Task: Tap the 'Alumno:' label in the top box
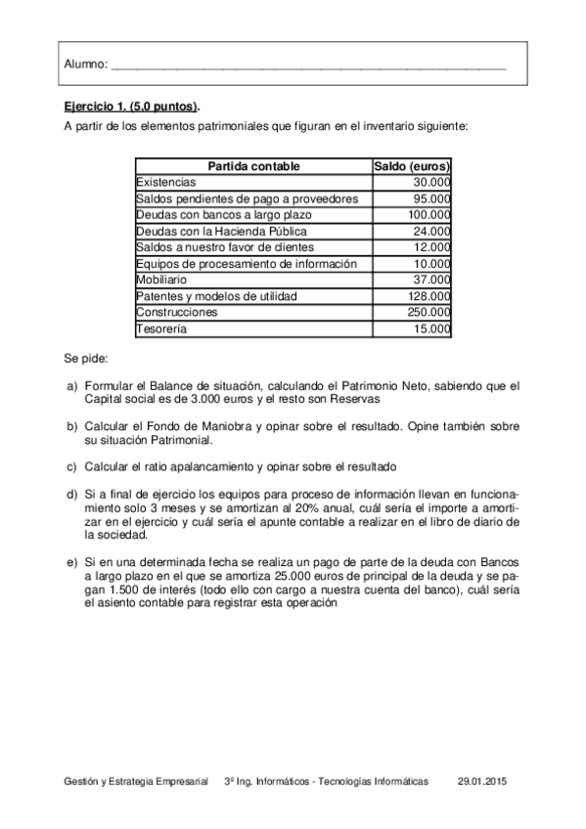[85, 65]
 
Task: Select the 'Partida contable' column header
[254, 166]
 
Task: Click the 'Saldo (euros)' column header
[412, 166]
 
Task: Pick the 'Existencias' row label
[166, 182]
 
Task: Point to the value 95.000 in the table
[431, 198]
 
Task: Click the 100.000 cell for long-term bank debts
[428, 215]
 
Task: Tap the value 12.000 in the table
[431, 247]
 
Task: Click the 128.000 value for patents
[428, 296]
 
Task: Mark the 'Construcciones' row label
[177, 313]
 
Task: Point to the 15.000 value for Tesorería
[431, 329]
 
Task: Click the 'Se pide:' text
[86, 359]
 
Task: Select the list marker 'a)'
[72, 387]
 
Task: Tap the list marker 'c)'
[72, 465]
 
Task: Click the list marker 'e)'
[72, 564]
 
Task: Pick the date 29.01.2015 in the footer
[482, 783]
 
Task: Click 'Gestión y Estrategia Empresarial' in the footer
[136, 783]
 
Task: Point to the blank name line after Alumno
[309, 66]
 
